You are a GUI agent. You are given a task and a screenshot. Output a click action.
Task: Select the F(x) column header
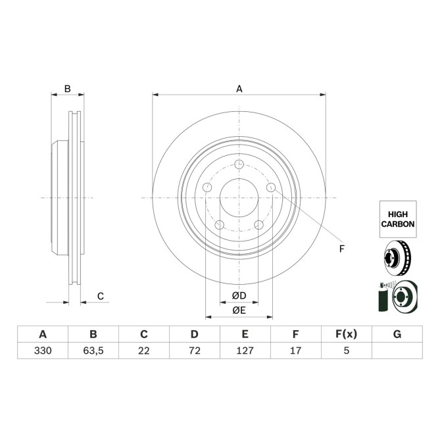[x=346, y=334]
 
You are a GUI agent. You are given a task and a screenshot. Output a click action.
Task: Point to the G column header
[x=397, y=334]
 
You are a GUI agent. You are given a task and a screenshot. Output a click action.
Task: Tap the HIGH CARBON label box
[x=397, y=219]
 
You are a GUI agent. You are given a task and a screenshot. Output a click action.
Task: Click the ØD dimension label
[x=239, y=296]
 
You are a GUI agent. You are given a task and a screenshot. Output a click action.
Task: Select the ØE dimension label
[x=239, y=310]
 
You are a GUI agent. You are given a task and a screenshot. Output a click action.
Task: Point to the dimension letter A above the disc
[x=239, y=89]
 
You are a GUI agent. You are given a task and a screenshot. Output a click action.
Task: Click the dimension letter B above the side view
[x=66, y=89]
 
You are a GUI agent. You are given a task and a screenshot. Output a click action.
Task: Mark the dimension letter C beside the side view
[x=100, y=297]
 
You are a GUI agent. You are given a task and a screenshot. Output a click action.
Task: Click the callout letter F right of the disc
[x=341, y=248]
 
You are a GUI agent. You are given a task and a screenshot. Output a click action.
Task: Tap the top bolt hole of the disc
[x=239, y=164]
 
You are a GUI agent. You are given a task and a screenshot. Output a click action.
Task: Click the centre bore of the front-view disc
[x=239, y=198]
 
